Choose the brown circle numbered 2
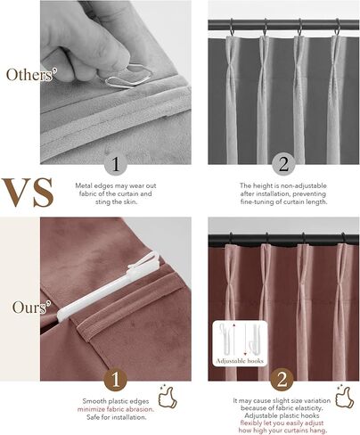pos(283,379)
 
